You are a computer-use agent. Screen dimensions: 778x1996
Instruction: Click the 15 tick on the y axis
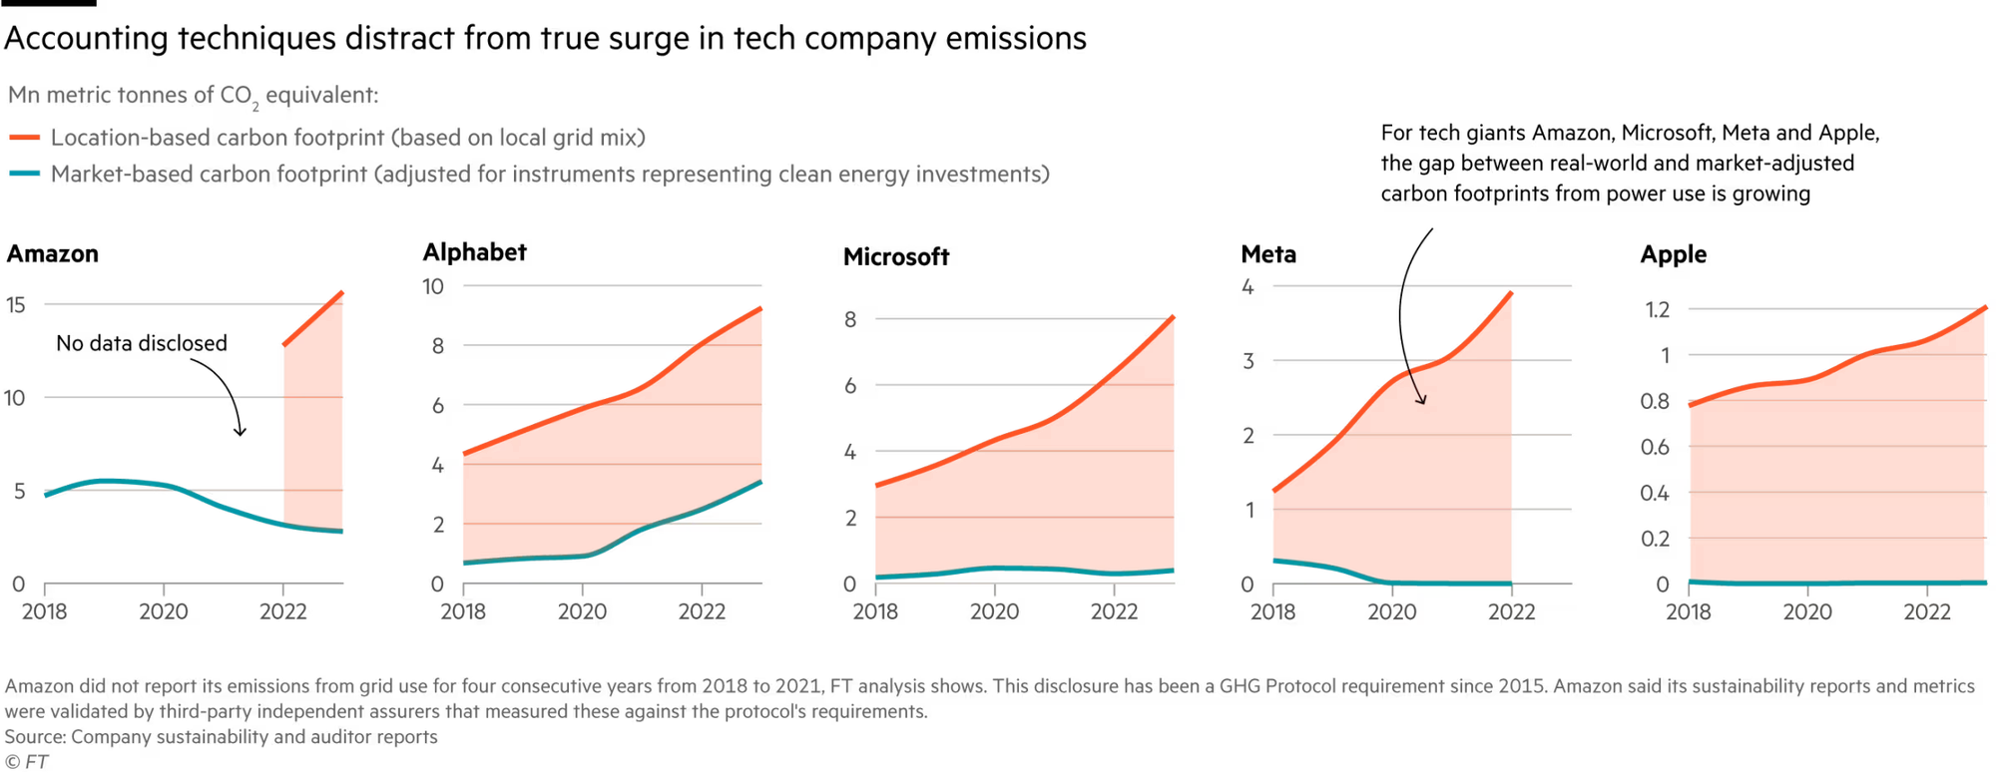(16, 305)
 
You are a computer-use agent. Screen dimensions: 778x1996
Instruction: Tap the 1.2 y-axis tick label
(1657, 309)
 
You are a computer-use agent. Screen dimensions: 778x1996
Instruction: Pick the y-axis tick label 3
(1247, 361)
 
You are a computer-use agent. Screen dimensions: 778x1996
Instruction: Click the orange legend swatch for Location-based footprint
(25, 139)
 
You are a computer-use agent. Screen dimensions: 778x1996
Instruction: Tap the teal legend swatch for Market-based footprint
(25, 176)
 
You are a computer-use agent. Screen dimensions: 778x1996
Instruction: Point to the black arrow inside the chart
(1415, 383)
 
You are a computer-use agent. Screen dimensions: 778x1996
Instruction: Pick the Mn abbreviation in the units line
(23, 96)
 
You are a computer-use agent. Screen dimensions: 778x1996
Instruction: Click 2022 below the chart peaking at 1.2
(1926, 611)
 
